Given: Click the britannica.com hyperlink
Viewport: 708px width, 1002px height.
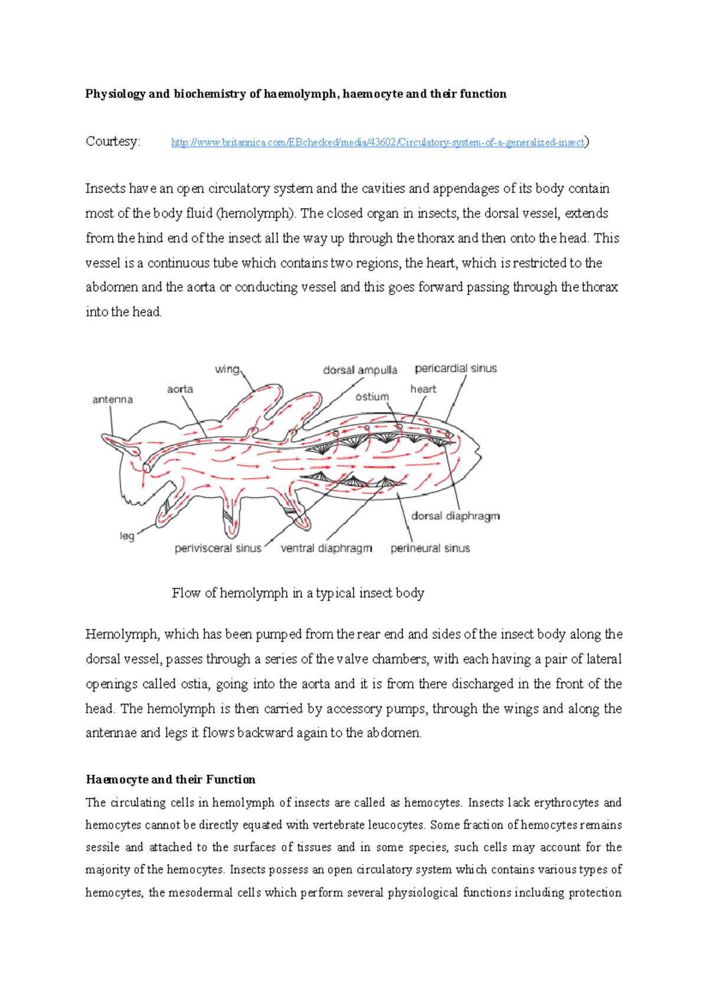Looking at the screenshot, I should click(x=378, y=142).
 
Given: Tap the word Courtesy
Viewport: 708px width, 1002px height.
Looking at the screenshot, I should click(x=113, y=142).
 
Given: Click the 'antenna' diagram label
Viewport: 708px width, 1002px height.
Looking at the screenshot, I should click(x=113, y=400).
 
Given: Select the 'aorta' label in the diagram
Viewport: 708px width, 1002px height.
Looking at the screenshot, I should click(x=180, y=389).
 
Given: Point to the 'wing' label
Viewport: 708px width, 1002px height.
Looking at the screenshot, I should click(x=227, y=369).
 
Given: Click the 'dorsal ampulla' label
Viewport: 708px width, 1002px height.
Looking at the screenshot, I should click(x=360, y=370).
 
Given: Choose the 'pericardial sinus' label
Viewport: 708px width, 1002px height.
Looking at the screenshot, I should click(x=455, y=368).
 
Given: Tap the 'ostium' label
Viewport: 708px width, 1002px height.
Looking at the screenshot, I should click(x=372, y=397).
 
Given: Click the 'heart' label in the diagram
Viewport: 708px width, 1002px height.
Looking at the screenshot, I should click(x=423, y=389).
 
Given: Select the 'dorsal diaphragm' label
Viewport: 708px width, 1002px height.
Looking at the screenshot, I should click(x=455, y=516).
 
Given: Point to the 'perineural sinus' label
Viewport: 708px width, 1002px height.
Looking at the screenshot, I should click(x=430, y=548).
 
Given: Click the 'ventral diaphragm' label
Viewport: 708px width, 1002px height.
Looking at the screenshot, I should click(x=326, y=548).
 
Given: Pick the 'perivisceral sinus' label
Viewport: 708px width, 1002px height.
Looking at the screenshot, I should click(x=218, y=548).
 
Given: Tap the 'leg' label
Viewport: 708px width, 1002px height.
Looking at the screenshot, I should click(x=127, y=536).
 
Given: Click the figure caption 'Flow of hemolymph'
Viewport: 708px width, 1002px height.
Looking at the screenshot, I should click(x=298, y=593).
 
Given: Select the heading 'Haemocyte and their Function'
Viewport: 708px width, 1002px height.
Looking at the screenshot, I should click(x=171, y=780).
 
